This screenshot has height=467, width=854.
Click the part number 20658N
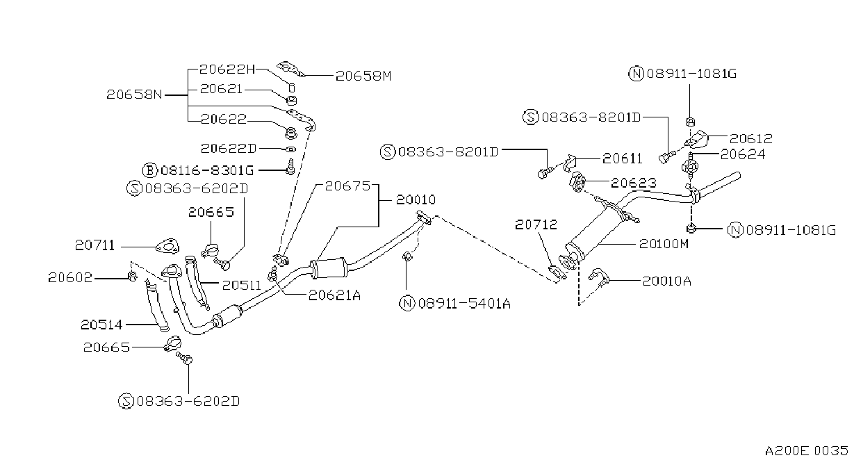(134, 94)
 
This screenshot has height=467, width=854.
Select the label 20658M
(363, 76)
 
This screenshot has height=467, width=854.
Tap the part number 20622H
(227, 69)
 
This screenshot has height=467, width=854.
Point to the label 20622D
(229, 148)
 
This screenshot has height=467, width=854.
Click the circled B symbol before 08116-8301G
(150, 170)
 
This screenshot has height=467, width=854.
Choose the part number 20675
(347, 186)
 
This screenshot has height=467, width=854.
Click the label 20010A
(667, 281)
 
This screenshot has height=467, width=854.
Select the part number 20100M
(664, 244)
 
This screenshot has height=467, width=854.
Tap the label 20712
(536, 224)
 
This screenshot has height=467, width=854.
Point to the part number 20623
(634, 183)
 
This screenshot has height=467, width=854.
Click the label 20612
(751, 138)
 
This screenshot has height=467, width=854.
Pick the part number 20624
(743, 154)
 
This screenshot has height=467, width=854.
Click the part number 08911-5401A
(464, 304)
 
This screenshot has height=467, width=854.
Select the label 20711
(95, 245)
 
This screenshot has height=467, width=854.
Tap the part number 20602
(70, 277)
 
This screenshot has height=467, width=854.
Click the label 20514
(101, 325)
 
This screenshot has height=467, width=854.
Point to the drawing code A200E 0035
(806, 451)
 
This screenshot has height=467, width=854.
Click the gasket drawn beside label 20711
(167, 246)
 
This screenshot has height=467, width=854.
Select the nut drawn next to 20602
(132, 276)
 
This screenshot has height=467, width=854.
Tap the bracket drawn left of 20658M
(290, 69)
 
